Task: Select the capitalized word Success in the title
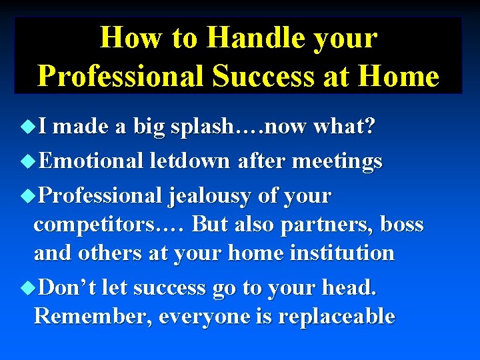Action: [263, 76]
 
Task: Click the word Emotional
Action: [91, 161]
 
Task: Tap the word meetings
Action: [340, 161]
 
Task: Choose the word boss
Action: [402, 225]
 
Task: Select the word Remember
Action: [93, 316]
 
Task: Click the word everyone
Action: [203, 316]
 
